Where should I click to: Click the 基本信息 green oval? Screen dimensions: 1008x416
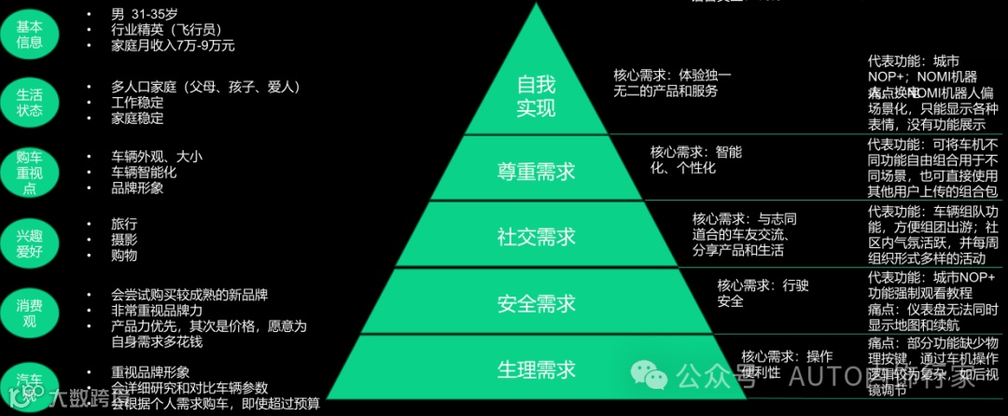coord(29,35)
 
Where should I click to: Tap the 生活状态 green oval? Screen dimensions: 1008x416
coord(29,102)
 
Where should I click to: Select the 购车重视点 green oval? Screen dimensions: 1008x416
coord(29,171)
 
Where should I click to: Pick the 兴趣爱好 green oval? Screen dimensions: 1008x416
coord(29,240)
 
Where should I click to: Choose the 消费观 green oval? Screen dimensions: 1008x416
coord(29,308)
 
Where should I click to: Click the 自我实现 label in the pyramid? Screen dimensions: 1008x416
coord(536,95)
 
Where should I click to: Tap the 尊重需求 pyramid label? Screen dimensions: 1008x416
coord(536,172)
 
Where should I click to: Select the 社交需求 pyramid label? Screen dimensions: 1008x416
coord(536,237)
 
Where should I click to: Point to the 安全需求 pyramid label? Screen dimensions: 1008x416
coord(536,303)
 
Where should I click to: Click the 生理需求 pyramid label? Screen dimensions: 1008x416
coord(536,368)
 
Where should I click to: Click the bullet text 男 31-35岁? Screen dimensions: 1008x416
coord(146,14)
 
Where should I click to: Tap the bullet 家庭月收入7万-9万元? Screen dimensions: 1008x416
coord(173,45)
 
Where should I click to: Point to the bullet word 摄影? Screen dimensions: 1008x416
coord(124,240)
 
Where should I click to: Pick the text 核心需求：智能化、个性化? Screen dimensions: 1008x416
coord(695,159)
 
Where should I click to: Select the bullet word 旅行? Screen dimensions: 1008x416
coord(124,224)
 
